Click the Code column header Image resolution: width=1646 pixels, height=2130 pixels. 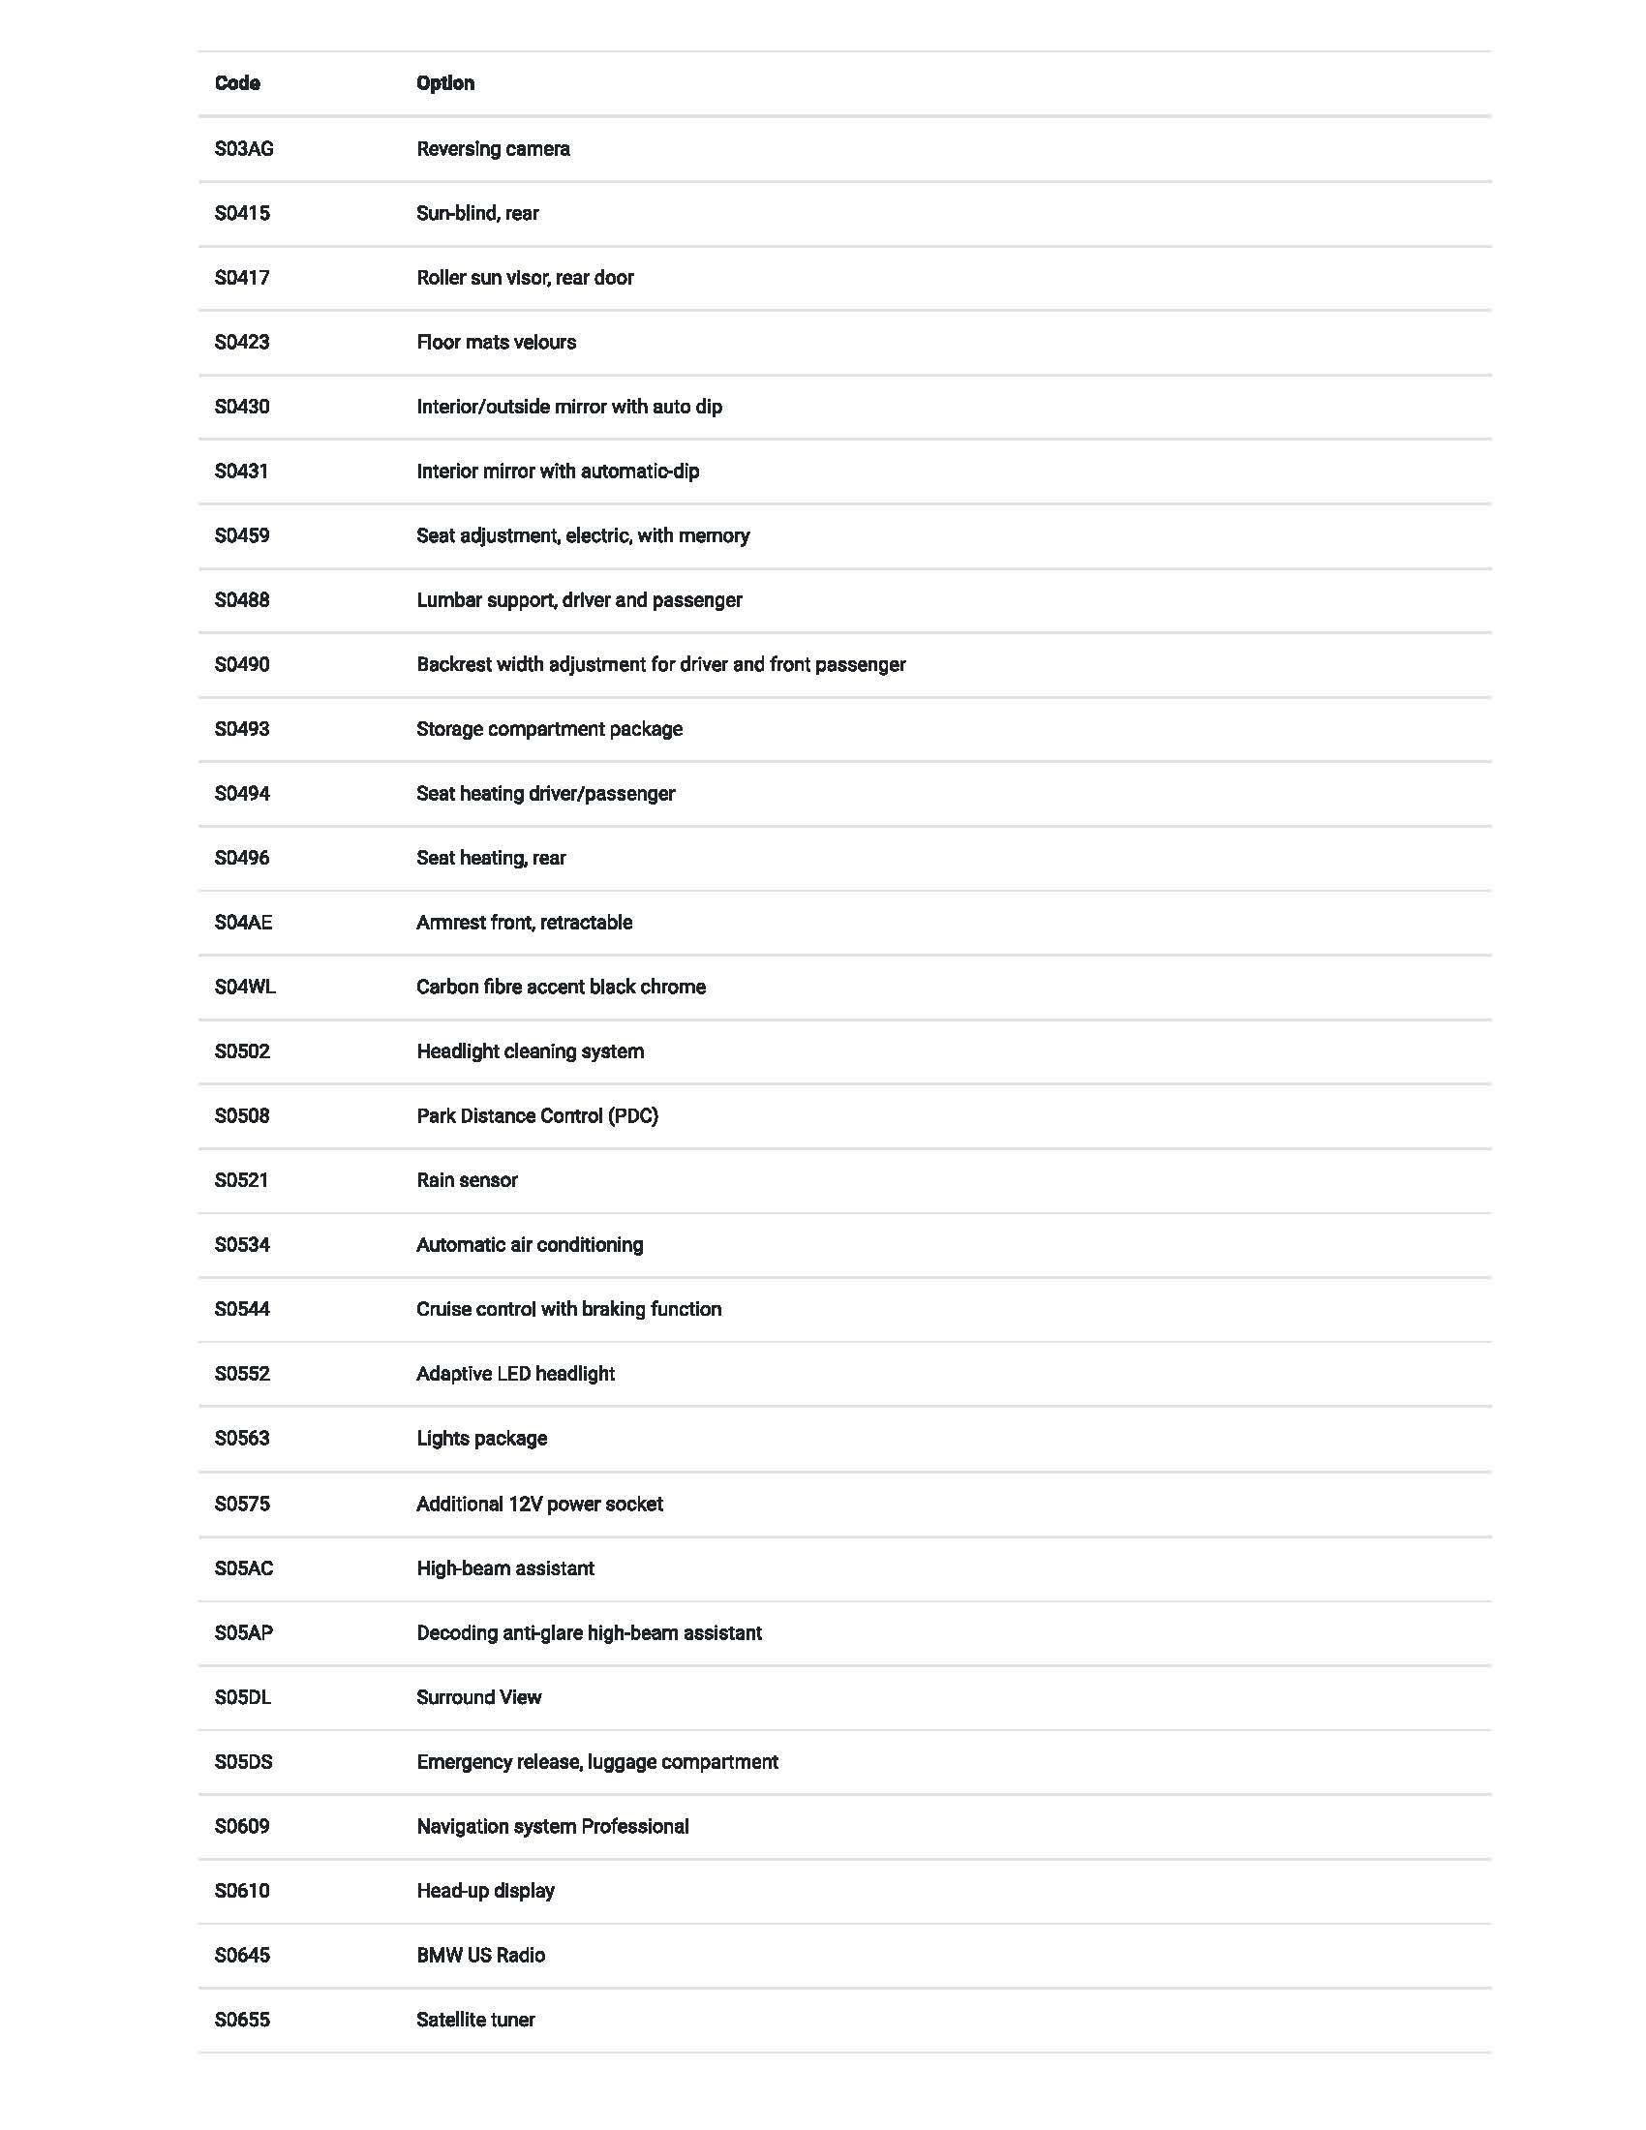(237, 84)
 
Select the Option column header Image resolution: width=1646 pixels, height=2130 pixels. (445, 84)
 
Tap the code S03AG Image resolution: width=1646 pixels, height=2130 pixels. (244, 149)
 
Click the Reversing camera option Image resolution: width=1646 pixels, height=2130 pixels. (493, 149)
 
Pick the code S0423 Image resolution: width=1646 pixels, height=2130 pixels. (242, 343)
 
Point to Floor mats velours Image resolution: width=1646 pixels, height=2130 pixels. (496, 343)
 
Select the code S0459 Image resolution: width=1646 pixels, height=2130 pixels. (242, 535)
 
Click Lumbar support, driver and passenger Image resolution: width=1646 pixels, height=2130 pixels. (579, 600)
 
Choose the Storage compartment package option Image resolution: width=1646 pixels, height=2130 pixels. (549, 728)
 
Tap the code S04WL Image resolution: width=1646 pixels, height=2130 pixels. (245, 987)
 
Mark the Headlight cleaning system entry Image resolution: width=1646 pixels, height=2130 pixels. (530, 1051)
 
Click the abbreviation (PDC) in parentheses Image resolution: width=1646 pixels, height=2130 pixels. (633, 1115)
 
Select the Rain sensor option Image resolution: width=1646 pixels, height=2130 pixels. (466, 1180)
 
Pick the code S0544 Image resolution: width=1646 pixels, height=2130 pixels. (242, 1309)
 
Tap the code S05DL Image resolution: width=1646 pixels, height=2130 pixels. (243, 1697)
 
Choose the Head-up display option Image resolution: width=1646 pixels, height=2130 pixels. (485, 1890)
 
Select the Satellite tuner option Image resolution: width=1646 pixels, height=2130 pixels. (474, 2019)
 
